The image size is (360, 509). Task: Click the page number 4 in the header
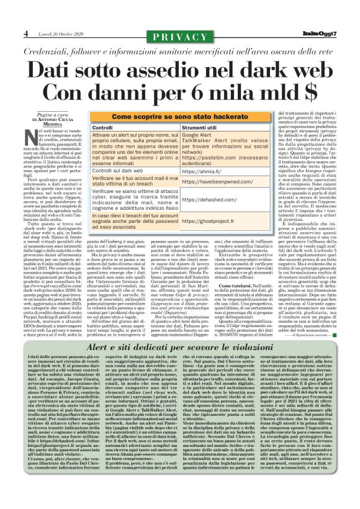pos(26,33)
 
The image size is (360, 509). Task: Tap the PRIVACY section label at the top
pos(180,37)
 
